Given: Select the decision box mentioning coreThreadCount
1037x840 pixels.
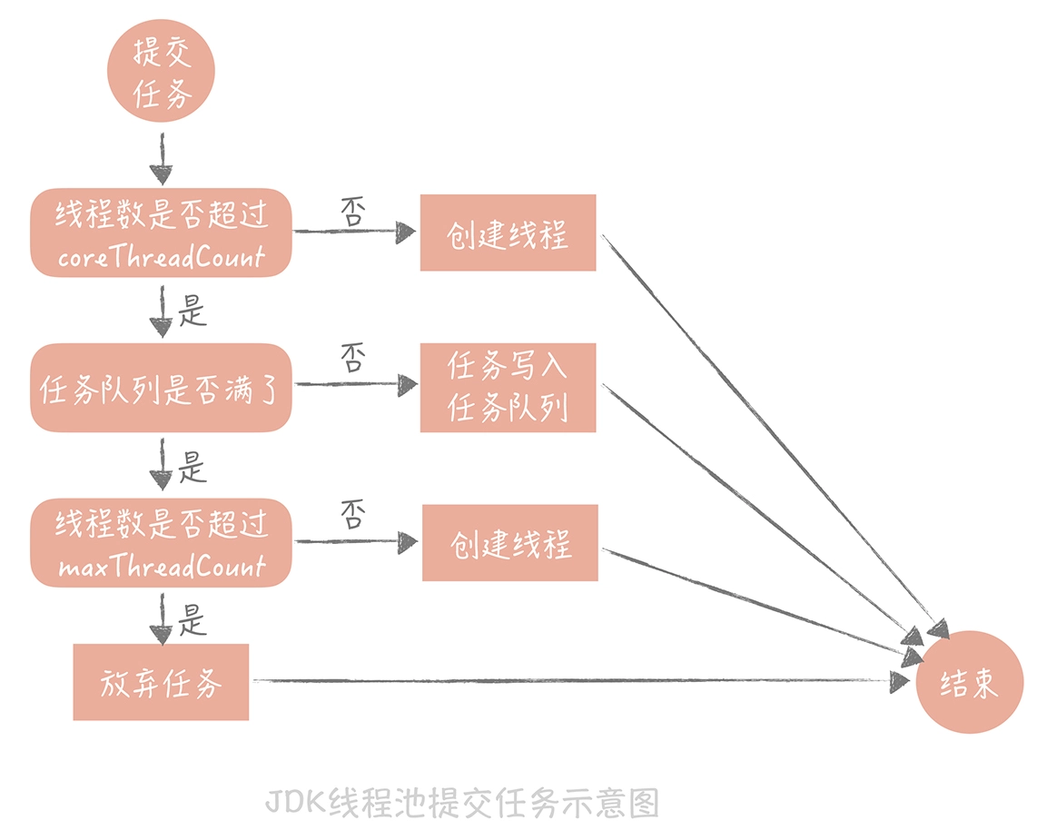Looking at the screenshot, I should [162, 233].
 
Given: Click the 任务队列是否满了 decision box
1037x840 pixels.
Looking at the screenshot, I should [162, 388].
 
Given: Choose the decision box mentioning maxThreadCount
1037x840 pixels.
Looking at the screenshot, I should [162, 542].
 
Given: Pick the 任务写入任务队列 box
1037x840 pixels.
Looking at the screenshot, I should [508, 388].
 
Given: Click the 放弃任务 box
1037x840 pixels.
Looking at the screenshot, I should [161, 682].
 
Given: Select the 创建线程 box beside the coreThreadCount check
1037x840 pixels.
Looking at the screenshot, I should [508, 233].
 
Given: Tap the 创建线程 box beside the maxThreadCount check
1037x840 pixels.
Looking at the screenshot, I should [509, 543].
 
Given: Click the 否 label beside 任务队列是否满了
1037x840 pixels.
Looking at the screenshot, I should [352, 359].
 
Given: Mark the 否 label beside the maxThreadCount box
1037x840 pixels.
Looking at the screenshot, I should [352, 515].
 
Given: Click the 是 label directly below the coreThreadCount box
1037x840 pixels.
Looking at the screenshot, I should [193, 313].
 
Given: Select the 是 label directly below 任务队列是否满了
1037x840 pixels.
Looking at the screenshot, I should [193, 469].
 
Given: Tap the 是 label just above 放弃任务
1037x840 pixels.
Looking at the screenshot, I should [193, 622].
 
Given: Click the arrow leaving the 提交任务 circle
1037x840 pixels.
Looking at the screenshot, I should [162, 158].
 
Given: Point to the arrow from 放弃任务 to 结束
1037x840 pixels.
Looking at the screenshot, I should [581, 680].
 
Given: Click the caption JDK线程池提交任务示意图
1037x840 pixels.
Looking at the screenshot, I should [462, 804].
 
